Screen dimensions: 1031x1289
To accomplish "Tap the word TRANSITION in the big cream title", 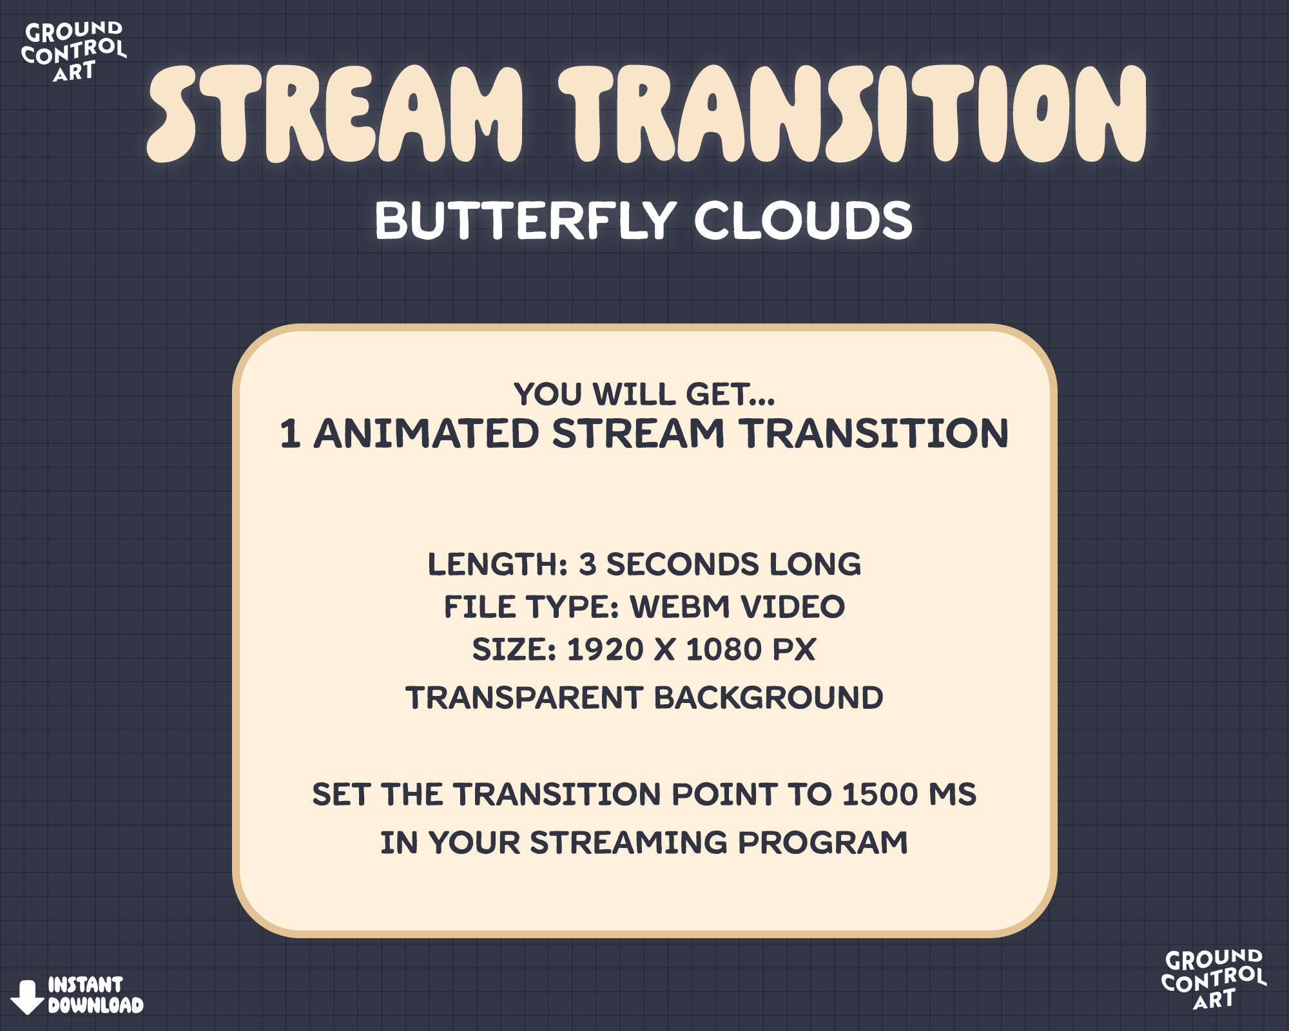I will (x=852, y=115).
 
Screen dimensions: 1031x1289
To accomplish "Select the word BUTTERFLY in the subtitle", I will (x=525, y=220).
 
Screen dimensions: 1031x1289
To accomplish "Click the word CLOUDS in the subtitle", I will (x=802, y=220).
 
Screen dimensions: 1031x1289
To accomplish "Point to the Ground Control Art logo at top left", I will (x=73, y=52).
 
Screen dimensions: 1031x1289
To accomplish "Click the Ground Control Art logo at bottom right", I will (x=1213, y=979).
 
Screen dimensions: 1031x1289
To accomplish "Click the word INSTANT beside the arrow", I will (x=85, y=985).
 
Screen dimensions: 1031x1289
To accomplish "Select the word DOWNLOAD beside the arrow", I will (x=95, y=1005).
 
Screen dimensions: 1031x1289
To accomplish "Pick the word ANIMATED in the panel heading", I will (x=426, y=433).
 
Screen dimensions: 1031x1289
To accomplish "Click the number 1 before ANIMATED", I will (x=289, y=433).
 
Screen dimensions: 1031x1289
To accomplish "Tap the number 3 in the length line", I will (x=587, y=564).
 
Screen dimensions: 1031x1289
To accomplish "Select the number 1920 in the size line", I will (x=605, y=649).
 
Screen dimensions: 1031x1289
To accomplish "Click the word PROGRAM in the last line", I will (x=822, y=842).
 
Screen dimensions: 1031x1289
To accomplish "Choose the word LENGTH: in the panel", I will (x=497, y=564).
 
